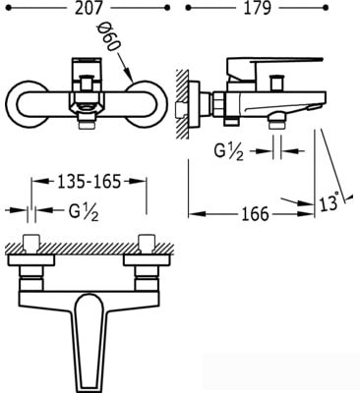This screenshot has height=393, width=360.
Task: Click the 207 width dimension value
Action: click(x=89, y=8)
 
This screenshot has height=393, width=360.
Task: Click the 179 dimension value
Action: click(x=257, y=8)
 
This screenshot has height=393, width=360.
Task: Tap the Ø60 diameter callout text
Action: click(x=107, y=37)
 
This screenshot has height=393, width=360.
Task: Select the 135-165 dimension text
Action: click(x=90, y=182)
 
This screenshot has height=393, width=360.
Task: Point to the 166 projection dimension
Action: click(x=255, y=214)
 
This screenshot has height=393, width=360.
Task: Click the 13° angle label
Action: click(x=329, y=202)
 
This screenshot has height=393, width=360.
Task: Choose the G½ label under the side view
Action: click(x=229, y=151)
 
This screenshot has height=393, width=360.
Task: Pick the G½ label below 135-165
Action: click(x=84, y=212)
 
